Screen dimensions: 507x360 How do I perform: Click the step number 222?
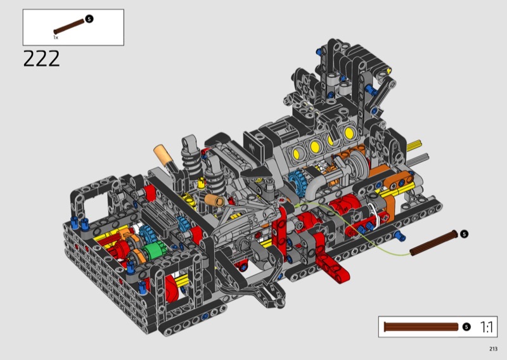41,58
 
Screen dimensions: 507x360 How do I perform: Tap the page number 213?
493,349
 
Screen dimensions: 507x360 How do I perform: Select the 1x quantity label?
56,37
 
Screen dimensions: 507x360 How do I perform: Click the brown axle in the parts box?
69,27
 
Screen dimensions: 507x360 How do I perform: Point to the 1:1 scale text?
486,327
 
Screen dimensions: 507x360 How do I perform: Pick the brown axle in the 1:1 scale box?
421,327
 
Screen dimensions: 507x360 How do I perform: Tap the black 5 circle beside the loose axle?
464,234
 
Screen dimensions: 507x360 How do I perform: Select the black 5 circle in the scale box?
466,327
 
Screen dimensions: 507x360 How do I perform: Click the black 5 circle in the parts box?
89,19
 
